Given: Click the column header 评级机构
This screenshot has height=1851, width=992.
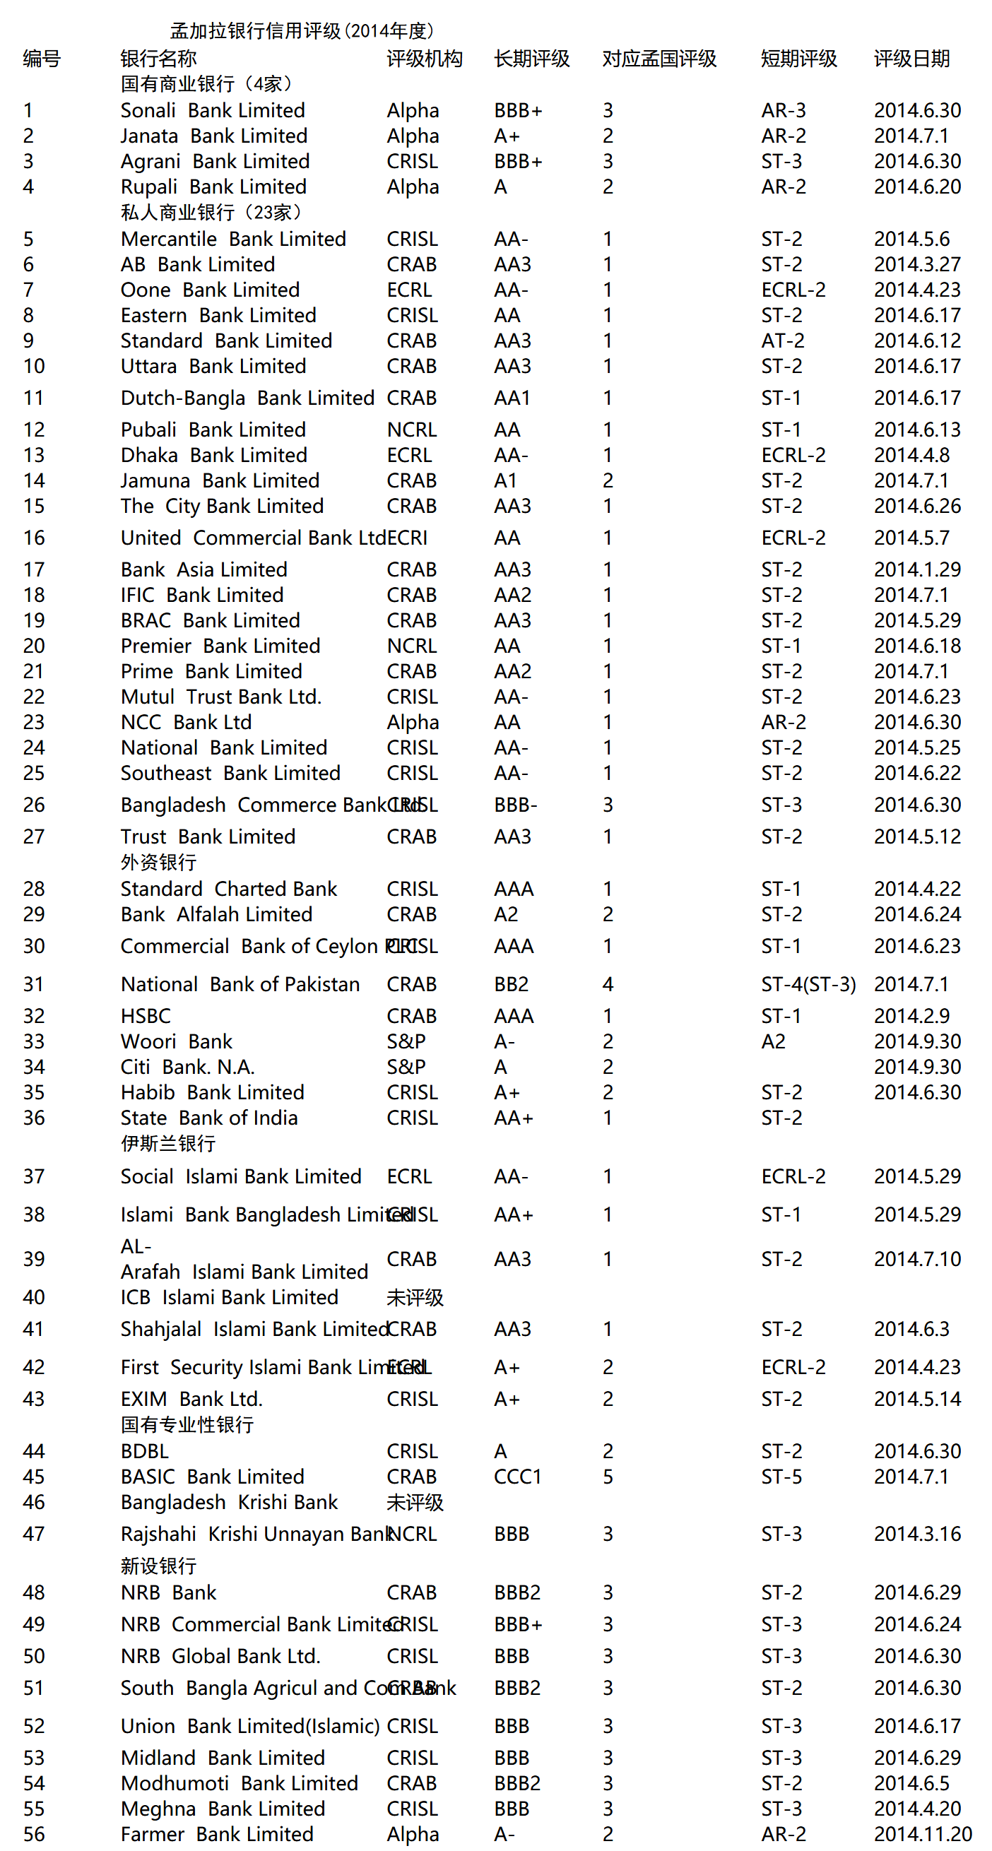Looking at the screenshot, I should click(x=424, y=58).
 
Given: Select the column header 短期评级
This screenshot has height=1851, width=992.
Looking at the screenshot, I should click(x=798, y=58).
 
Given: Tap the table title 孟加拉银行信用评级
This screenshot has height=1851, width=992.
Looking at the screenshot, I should click(x=301, y=31).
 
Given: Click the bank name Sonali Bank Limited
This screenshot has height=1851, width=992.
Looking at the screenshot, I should click(x=213, y=110).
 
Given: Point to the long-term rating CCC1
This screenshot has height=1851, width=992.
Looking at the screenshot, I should click(x=517, y=1477).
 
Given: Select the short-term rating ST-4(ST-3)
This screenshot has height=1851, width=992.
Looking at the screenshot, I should click(x=808, y=983).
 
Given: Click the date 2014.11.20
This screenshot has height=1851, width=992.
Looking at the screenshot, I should click(x=922, y=1833).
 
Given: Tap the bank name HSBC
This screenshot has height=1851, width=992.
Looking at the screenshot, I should click(x=146, y=1015).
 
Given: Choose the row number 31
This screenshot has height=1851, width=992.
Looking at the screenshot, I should click(x=34, y=983).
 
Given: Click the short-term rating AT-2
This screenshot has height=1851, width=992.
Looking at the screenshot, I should click(x=783, y=341).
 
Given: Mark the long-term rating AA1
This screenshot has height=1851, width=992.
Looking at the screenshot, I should click(x=512, y=397).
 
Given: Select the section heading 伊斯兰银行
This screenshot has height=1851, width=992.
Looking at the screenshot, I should click(x=167, y=1142).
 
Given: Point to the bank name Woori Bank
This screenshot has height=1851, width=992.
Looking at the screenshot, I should click(x=177, y=1041).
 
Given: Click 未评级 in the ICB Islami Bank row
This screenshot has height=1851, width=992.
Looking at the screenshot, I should click(x=415, y=1297).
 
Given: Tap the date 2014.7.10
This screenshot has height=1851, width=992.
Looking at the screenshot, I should click(x=917, y=1259).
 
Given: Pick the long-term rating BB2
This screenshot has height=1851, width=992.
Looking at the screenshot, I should click(x=511, y=983).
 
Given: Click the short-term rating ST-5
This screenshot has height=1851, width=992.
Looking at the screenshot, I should click(x=781, y=1477).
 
